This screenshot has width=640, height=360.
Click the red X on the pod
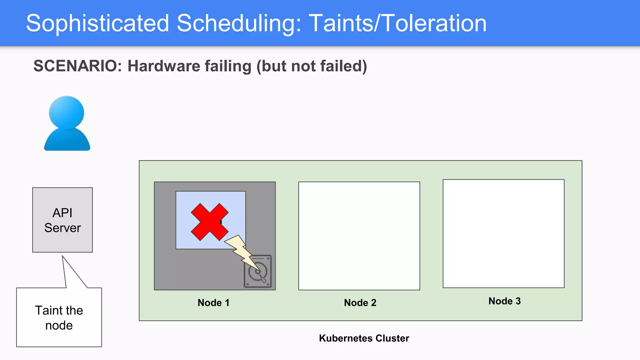pos(209,222)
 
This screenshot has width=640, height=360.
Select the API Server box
pos(62,220)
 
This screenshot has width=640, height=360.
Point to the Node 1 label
pos(213,302)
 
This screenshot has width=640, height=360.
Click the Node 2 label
pos(360,302)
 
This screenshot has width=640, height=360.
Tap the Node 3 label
pos(504,301)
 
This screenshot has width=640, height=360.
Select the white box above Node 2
pos(359,236)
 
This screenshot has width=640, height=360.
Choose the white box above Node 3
pos(503,233)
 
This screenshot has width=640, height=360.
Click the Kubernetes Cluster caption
pos(364,338)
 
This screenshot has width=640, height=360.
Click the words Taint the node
pos(59,317)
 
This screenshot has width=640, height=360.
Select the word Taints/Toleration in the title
pos(397,23)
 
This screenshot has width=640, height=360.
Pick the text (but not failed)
pos(312,66)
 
